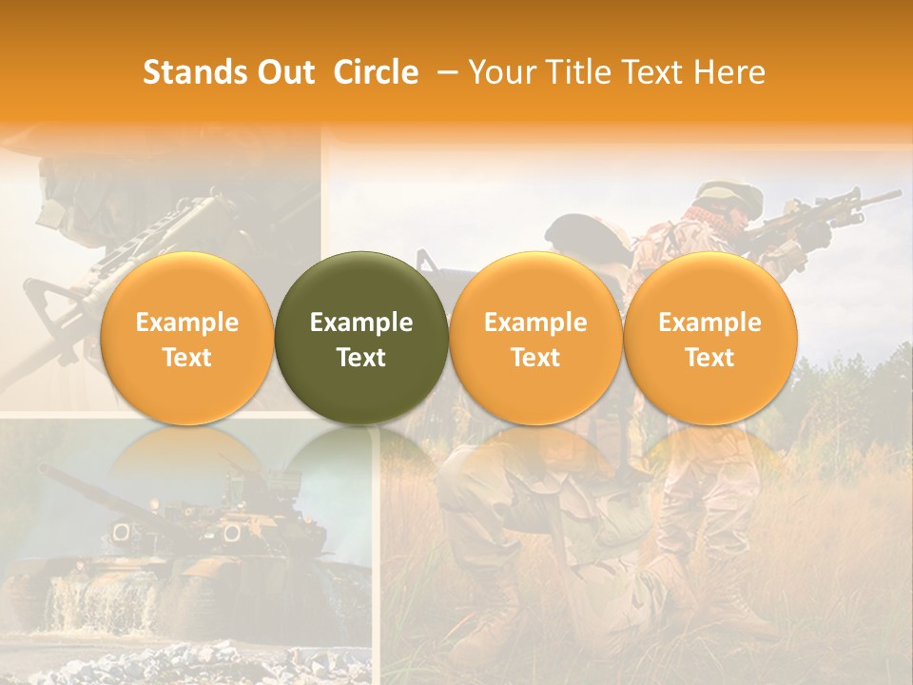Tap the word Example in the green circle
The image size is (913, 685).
(361, 323)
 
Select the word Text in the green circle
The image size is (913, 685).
(361, 358)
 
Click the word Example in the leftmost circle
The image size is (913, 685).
(186, 323)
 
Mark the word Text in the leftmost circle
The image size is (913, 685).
(186, 358)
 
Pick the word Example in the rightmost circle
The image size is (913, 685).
(709, 323)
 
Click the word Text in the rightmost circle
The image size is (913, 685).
(709, 358)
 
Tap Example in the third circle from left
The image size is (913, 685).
(535, 323)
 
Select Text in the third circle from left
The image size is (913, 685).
(535, 358)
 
